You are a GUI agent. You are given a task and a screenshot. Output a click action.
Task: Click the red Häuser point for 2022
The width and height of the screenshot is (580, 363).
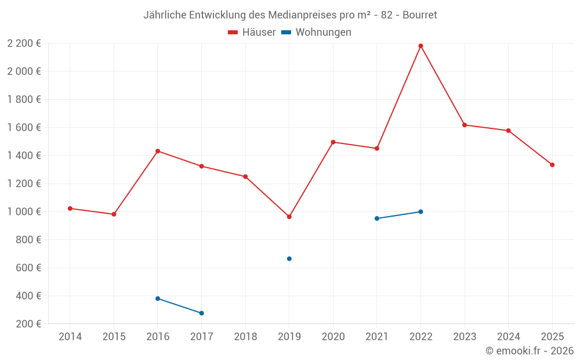pyautogui.click(x=420, y=46)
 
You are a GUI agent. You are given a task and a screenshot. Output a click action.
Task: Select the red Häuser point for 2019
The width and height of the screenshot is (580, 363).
pyautogui.click(x=289, y=217)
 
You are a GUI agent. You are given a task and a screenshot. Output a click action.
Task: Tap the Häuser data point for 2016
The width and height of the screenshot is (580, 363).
pyautogui.click(x=158, y=151)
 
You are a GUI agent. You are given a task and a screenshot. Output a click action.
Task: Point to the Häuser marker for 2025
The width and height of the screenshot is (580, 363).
pyautogui.click(x=552, y=165)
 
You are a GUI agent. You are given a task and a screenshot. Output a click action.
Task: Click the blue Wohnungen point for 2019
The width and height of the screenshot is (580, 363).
pyautogui.click(x=289, y=258)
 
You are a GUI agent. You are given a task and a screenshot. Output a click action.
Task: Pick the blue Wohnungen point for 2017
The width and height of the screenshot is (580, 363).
pyautogui.click(x=201, y=313)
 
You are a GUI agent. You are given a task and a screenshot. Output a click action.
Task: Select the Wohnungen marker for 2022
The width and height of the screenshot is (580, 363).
pyautogui.click(x=420, y=211)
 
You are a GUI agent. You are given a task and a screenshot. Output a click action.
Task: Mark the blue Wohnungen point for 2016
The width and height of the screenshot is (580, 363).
pyautogui.click(x=158, y=299)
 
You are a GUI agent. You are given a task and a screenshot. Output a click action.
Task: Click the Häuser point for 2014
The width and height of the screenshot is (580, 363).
pyautogui.click(x=70, y=209)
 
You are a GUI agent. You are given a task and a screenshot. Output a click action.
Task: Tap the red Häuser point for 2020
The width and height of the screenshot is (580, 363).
pyautogui.click(x=333, y=142)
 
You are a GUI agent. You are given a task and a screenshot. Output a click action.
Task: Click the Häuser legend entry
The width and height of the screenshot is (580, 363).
pyautogui.click(x=252, y=33)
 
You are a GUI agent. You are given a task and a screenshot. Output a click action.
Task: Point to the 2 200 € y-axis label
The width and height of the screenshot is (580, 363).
pyautogui.click(x=24, y=44)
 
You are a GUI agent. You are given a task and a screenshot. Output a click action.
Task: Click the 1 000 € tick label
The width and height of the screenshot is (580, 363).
pyautogui.click(x=24, y=212)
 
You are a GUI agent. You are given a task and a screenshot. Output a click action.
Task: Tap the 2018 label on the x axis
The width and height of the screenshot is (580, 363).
pyautogui.click(x=245, y=337)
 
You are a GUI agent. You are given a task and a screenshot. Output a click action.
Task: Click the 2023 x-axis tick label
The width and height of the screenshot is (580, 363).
pyautogui.click(x=465, y=337)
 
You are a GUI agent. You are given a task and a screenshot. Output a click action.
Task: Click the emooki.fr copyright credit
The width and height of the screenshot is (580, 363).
pyautogui.click(x=530, y=351)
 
